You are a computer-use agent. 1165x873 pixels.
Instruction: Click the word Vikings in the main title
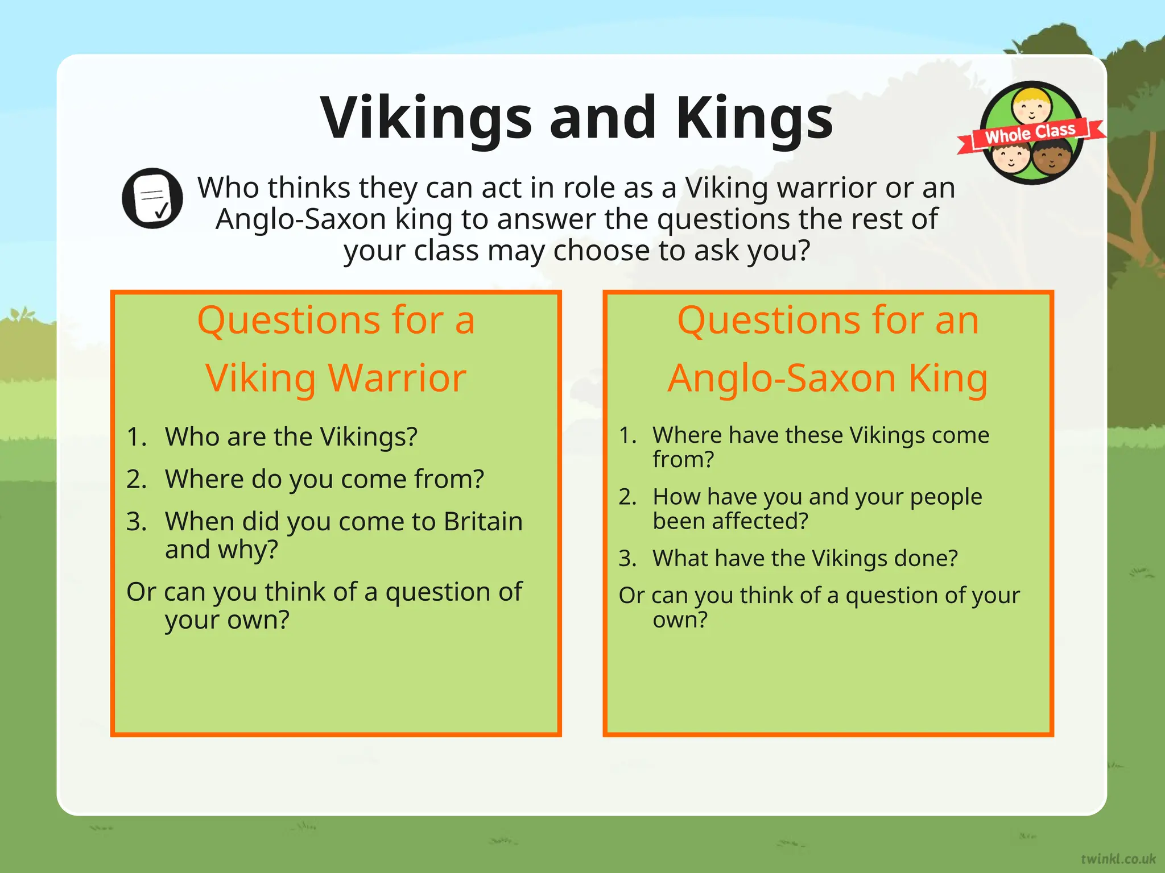click(x=427, y=118)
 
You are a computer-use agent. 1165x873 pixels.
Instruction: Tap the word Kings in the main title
click(x=754, y=118)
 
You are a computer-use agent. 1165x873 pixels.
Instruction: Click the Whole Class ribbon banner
click(x=1030, y=132)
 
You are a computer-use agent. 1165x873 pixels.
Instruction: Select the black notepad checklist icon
click(x=152, y=198)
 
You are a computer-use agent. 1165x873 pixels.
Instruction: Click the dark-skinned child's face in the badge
click(x=1051, y=158)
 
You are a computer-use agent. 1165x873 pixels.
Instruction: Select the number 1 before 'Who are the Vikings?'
click(x=135, y=437)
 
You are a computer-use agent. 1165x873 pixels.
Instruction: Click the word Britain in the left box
click(x=483, y=521)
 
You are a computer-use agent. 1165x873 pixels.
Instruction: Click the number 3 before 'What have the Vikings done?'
click(x=626, y=559)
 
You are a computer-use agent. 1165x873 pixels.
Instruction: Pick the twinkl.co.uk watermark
click(x=1118, y=858)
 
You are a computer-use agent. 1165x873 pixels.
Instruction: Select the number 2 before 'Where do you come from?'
click(x=136, y=479)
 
